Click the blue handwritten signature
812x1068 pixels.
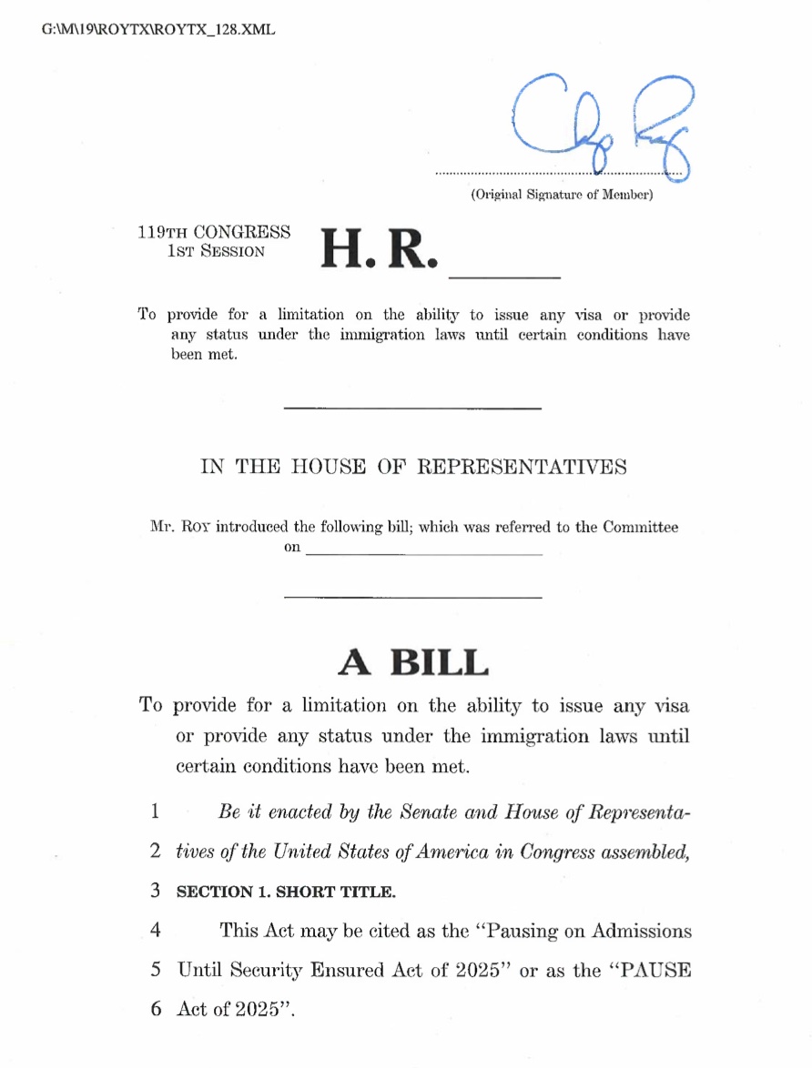601,123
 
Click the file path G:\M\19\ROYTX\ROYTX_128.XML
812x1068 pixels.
158,29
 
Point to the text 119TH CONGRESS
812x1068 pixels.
214,233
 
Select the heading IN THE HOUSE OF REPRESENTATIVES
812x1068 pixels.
413,468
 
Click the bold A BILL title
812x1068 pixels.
412,662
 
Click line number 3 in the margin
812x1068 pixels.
156,892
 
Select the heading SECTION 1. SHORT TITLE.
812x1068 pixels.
286,892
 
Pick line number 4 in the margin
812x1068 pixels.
156,931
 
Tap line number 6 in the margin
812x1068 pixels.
156,1010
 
